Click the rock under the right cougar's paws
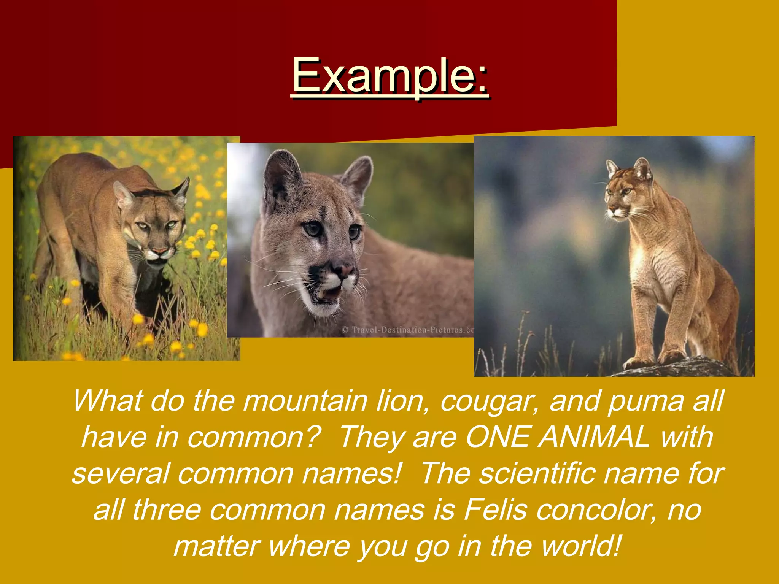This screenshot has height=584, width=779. point(681,367)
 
